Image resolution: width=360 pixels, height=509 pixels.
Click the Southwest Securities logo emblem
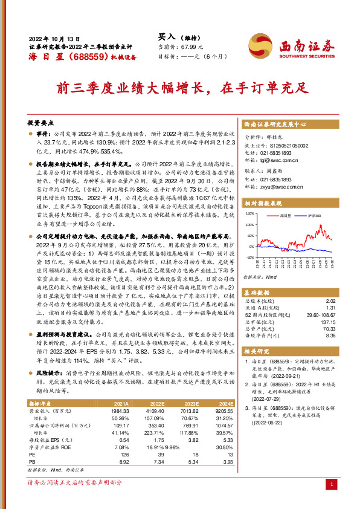[260, 44]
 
